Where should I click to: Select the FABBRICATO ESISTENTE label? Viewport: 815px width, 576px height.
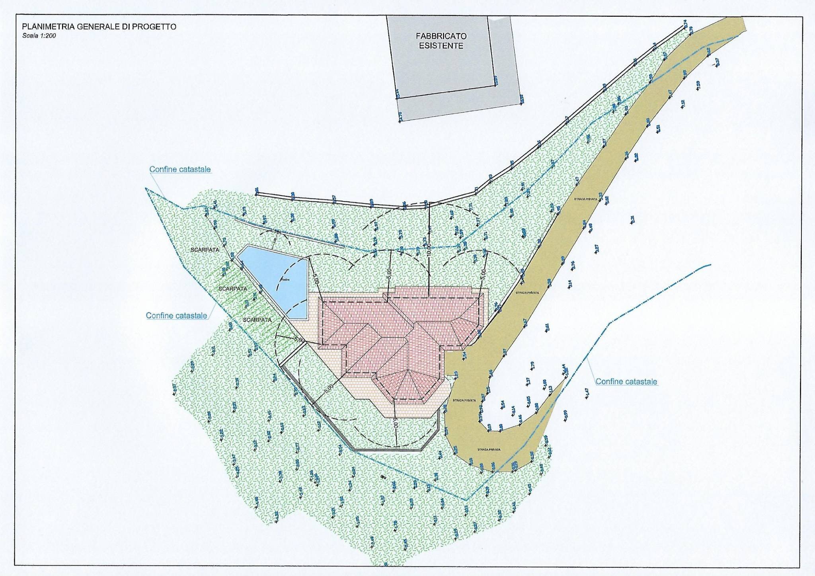(x=442, y=41)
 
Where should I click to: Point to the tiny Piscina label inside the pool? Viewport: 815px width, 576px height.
(x=285, y=279)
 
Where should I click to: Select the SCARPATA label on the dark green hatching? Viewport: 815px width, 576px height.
(x=232, y=289)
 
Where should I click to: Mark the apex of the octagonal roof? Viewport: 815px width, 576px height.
(x=407, y=370)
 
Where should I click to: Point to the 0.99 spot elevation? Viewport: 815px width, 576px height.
(x=565, y=415)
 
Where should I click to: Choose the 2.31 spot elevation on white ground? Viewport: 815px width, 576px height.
(x=632, y=219)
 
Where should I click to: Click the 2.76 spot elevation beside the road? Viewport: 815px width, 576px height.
(x=573, y=265)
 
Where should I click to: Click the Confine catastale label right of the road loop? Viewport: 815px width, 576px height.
(x=626, y=381)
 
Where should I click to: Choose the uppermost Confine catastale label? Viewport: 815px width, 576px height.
(x=180, y=169)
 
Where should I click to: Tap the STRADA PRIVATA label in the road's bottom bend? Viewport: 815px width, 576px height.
(x=489, y=449)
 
